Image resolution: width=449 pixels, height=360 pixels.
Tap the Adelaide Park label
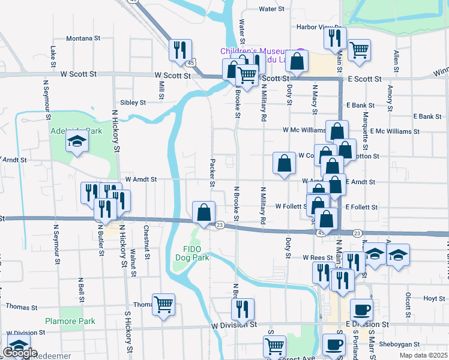tap(77, 131)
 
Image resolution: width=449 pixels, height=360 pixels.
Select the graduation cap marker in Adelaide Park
tap(77, 142)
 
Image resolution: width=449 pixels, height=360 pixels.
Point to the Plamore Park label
tap(70, 321)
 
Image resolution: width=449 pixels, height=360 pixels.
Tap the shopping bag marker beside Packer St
tap(204, 212)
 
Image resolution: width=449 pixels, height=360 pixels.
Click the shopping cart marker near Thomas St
tap(163, 304)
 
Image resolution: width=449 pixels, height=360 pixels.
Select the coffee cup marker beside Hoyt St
tap(361, 310)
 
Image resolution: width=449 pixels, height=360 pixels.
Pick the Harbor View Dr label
tap(319, 27)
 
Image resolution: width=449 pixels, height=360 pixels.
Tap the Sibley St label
tap(133, 103)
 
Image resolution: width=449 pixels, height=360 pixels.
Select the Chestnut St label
tap(146, 239)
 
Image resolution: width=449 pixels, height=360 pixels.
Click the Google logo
tap(20, 353)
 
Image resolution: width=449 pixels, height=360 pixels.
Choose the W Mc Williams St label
tap(304, 130)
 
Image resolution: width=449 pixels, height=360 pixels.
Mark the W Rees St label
tap(318, 257)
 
